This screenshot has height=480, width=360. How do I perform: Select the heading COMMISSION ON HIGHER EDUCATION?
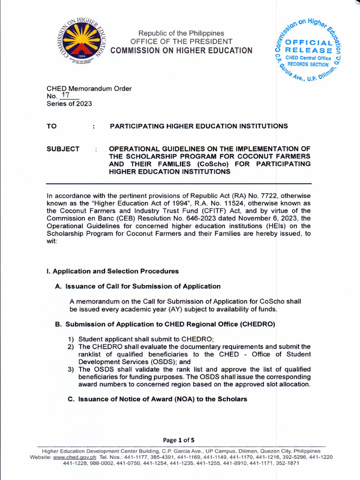(x=181, y=51)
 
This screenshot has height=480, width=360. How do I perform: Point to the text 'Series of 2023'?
(x=69, y=104)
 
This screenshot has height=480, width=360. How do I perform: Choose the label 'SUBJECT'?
(x=63, y=149)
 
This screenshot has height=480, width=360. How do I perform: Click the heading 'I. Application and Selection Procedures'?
(x=112, y=271)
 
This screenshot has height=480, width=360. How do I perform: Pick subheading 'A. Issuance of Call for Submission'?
(x=137, y=286)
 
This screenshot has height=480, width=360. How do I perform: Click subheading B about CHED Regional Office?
(x=165, y=324)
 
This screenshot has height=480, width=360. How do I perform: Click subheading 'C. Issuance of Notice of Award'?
(x=151, y=399)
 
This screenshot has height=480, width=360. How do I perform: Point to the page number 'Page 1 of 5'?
(x=179, y=440)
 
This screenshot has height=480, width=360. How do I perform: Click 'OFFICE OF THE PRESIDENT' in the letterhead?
(x=181, y=42)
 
